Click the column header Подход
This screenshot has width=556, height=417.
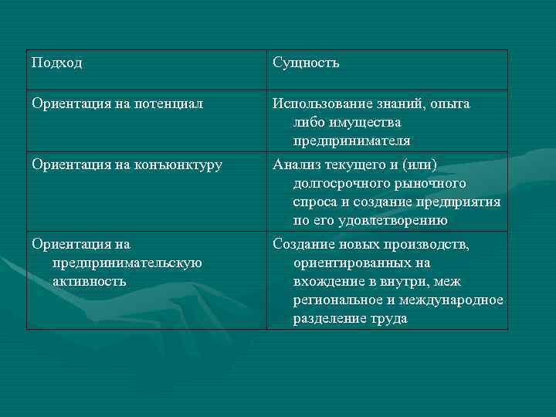coord(57,63)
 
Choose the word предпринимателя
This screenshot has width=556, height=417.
coord(351,141)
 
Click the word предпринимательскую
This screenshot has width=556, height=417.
coord(127,263)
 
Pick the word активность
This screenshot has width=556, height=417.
coord(89,281)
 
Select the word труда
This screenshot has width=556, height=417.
coord(388,319)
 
